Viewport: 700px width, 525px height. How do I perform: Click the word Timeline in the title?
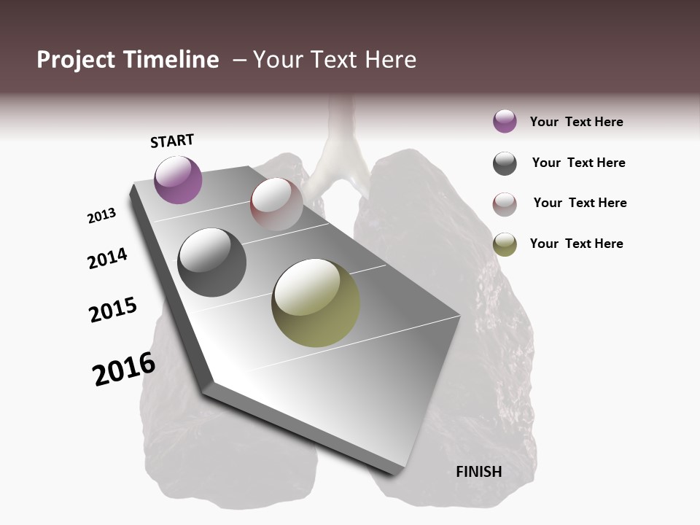click(x=172, y=60)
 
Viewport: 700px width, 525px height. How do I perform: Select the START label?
click(x=172, y=141)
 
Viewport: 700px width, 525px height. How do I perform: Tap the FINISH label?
click(x=479, y=472)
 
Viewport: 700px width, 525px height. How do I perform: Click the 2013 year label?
click(x=102, y=216)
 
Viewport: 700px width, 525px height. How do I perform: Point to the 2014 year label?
click(x=107, y=258)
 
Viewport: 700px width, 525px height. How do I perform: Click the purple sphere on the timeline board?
click(x=178, y=179)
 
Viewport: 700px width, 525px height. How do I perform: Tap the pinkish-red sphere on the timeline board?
click(x=276, y=203)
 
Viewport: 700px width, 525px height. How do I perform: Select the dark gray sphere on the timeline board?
click(x=211, y=262)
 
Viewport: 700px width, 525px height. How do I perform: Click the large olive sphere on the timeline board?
click(x=316, y=303)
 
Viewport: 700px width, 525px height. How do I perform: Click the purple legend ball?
click(x=505, y=122)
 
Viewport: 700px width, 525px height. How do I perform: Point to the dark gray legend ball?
click(x=505, y=163)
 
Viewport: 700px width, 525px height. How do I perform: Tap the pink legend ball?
click(x=505, y=203)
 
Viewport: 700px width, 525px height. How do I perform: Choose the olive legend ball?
click(x=505, y=244)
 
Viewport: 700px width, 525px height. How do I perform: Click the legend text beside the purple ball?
click(x=576, y=122)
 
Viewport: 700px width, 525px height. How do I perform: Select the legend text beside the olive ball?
click(x=576, y=244)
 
